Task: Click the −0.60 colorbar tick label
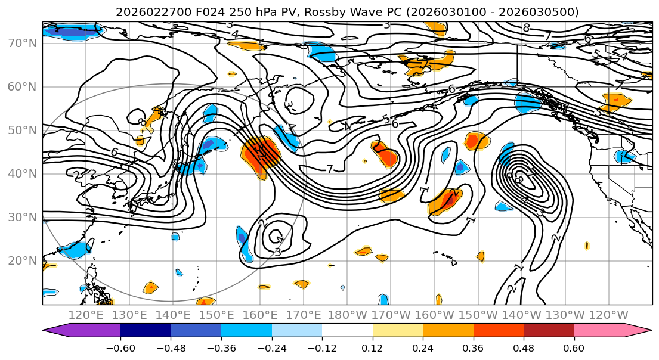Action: [120, 346]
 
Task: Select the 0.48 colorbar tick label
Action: [524, 346]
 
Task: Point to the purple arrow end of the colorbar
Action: [56, 331]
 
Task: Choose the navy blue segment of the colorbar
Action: [146, 331]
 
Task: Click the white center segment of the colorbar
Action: [347, 331]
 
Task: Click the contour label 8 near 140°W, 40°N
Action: [519, 179]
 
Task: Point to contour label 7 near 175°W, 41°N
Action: [330, 170]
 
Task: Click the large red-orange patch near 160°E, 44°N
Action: [261, 155]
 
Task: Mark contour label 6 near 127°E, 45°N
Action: [114, 152]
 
